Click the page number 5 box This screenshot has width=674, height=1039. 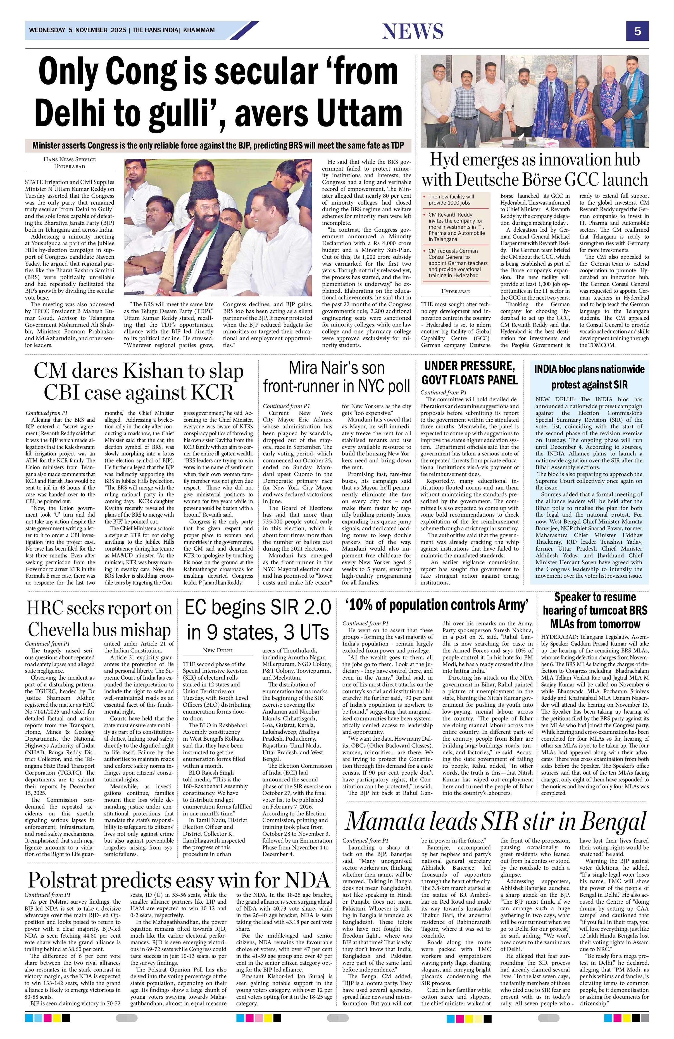pos(637,31)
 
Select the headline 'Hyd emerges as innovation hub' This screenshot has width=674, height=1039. pos(535,160)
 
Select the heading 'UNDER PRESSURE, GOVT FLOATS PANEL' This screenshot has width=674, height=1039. pos(470,372)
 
